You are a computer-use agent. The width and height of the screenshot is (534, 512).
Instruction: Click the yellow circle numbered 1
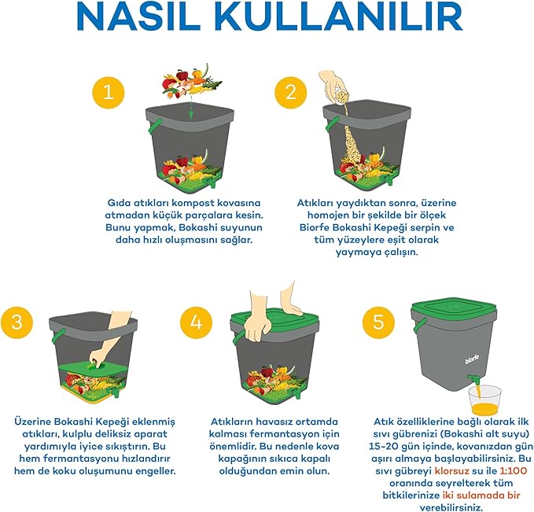[x=109, y=92]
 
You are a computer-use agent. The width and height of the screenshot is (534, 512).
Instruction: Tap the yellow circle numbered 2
[x=291, y=92]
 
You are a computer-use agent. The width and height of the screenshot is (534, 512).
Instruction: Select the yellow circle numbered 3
[x=17, y=322]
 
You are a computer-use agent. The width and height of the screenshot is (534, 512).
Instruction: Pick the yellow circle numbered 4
[x=196, y=322]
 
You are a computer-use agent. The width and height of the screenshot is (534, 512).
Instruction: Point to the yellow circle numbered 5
[x=378, y=322]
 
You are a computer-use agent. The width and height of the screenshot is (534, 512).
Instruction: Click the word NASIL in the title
[x=134, y=17]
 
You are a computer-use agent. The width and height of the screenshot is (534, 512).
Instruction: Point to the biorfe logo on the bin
[x=472, y=359]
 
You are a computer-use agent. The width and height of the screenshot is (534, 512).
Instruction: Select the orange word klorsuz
[x=451, y=471]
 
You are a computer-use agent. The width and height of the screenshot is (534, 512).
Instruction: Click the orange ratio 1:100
[x=514, y=471]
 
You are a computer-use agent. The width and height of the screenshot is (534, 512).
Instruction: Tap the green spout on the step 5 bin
[x=474, y=380]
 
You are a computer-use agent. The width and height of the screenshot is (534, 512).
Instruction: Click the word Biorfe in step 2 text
[x=314, y=227]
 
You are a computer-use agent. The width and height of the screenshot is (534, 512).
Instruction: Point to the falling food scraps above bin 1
[x=193, y=82]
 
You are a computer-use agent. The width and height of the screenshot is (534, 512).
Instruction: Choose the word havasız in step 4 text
[x=270, y=422]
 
